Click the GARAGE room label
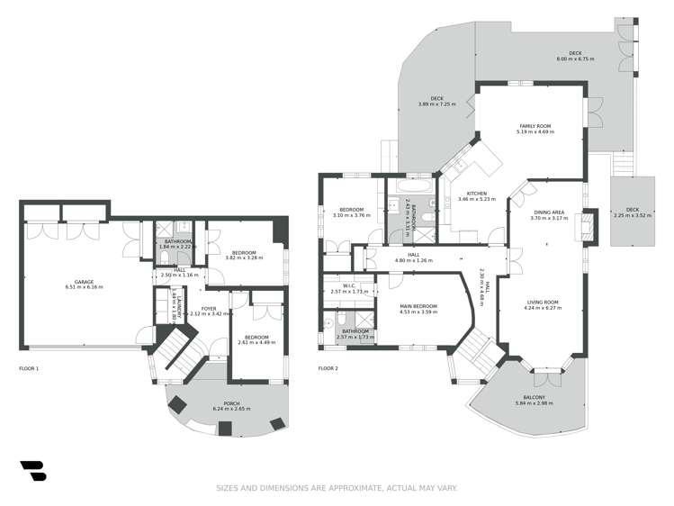(84, 281)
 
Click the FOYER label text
(209, 309)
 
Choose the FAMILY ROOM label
(535, 126)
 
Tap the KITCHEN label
(476, 194)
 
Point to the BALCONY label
(534, 397)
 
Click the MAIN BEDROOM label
(418, 307)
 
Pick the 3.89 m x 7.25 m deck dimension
(436, 104)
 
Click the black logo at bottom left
(32, 471)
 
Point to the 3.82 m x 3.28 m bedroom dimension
(245, 258)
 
